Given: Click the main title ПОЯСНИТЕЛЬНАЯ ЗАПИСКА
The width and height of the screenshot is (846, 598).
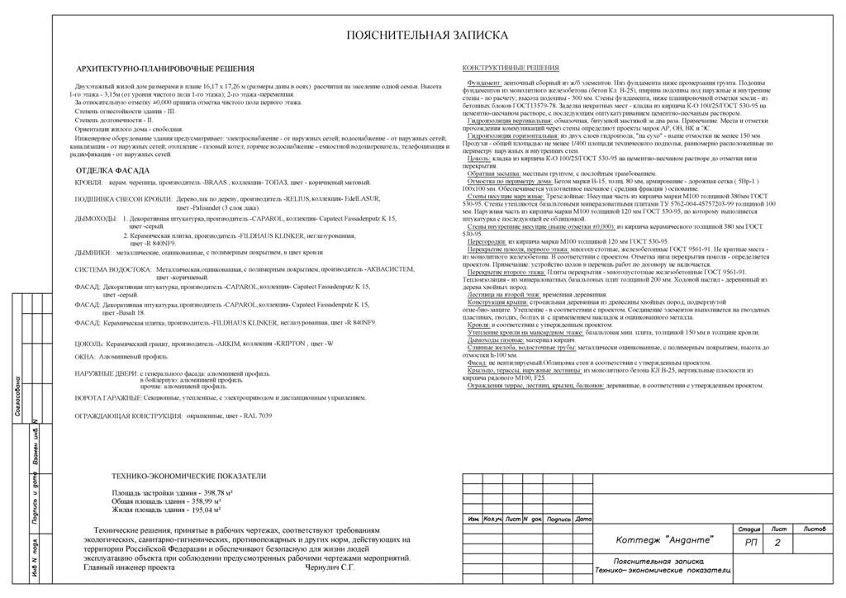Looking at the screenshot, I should click(x=427, y=35).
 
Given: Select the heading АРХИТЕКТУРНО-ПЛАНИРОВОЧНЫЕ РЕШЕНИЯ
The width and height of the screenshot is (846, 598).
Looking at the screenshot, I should click(x=164, y=69).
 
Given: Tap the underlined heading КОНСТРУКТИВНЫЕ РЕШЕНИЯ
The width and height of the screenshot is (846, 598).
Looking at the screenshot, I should click(x=510, y=68).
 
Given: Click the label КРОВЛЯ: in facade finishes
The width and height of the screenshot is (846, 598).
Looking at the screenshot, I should click(x=88, y=182).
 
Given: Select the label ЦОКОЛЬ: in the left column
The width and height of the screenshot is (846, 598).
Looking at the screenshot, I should click(x=89, y=343).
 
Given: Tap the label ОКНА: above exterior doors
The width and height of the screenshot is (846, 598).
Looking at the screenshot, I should click(x=85, y=357).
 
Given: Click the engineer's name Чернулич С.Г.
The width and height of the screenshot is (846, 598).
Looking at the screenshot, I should click(x=330, y=567).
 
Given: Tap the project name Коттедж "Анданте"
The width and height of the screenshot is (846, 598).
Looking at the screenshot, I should click(x=665, y=541).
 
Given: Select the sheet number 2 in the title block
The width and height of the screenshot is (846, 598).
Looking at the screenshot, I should click(x=777, y=543).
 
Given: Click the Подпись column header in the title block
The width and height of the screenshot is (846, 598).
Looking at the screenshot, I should click(x=559, y=519).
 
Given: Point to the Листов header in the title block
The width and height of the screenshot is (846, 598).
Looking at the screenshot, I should click(x=814, y=529).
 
